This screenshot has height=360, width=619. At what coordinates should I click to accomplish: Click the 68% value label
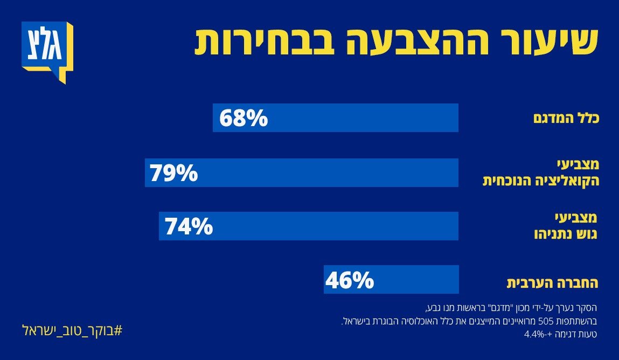click(x=243, y=119)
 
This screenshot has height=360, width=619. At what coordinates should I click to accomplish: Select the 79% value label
click(x=174, y=174)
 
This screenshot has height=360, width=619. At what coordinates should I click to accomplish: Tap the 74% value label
click(x=189, y=227)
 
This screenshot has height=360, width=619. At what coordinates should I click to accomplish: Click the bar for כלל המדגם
click(x=361, y=118)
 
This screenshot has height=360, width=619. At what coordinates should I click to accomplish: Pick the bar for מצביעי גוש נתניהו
click(x=334, y=226)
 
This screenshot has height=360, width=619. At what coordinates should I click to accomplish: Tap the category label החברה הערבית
click(x=553, y=282)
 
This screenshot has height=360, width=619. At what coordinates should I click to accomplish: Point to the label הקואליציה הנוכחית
click(x=540, y=181)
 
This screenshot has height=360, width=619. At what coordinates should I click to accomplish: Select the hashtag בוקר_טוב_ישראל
click(x=72, y=329)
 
